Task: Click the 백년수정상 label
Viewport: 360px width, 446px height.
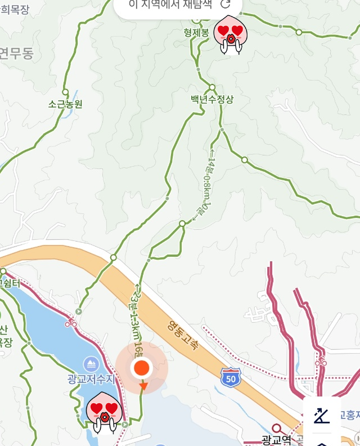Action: pyautogui.click(x=211, y=99)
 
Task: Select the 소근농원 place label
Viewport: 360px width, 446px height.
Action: pyautogui.click(x=65, y=104)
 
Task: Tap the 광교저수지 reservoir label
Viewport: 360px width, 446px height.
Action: pyautogui.click(x=91, y=379)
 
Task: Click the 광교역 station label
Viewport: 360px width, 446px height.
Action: pyautogui.click(x=276, y=439)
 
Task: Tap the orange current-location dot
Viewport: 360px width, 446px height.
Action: pyautogui.click(x=142, y=368)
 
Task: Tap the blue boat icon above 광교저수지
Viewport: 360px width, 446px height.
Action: pyautogui.click(x=91, y=364)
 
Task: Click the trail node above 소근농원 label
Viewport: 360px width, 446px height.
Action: pyautogui.click(x=65, y=92)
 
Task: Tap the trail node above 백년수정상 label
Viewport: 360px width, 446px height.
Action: pyautogui.click(x=212, y=87)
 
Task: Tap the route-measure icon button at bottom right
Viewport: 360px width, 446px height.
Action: pyautogui.click(x=322, y=416)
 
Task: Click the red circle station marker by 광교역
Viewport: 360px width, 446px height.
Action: pyautogui.click(x=276, y=429)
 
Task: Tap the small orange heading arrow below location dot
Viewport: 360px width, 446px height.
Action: pyautogui.click(x=143, y=386)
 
